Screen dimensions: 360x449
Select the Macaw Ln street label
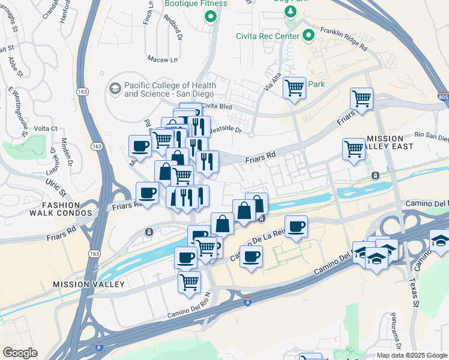[163, 59]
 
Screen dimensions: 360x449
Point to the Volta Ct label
[45, 128]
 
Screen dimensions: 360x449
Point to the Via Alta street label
[272, 82]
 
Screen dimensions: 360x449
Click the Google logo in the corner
[20, 352]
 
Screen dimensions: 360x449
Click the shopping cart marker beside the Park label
[294, 88]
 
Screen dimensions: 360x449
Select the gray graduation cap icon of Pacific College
[114, 89]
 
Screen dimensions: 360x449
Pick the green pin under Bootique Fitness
[210, 16]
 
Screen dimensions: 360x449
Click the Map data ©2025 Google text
[412, 355]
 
